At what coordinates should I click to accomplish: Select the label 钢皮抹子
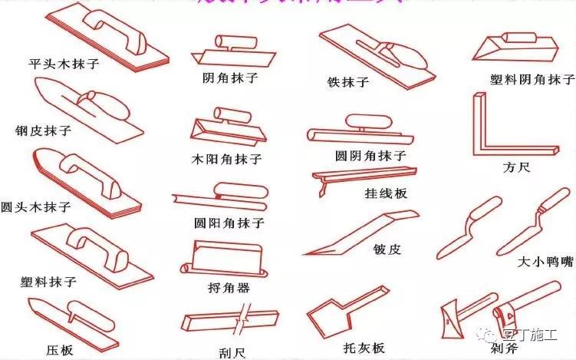43,130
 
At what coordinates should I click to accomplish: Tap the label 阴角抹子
230,78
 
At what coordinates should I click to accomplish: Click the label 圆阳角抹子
229,223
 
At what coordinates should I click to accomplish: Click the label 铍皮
387,249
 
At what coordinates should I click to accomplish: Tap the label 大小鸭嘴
545,262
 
